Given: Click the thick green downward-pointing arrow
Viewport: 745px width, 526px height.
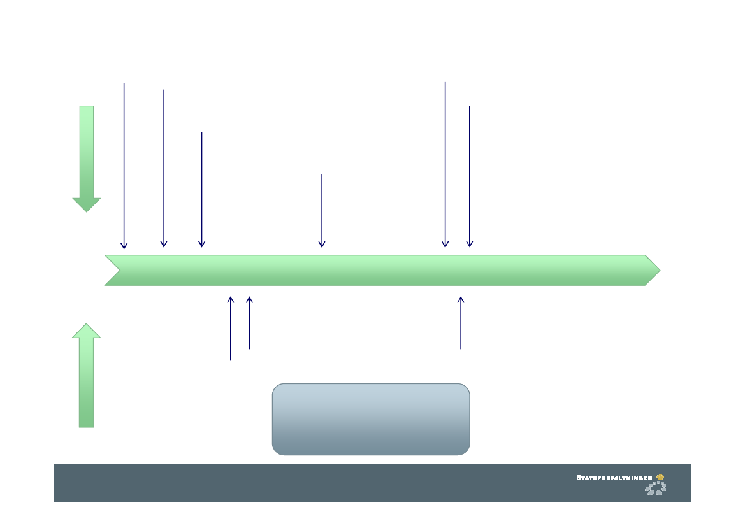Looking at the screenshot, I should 87,156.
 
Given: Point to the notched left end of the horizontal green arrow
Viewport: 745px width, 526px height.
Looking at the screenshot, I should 115,270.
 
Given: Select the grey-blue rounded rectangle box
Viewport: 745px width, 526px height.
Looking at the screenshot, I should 371,419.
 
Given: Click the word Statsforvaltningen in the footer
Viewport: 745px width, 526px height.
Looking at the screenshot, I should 614,477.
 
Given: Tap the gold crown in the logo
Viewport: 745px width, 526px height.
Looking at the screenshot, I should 660,476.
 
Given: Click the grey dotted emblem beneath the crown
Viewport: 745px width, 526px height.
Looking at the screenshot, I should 656,488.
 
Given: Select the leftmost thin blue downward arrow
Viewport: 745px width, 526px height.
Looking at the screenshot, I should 124,166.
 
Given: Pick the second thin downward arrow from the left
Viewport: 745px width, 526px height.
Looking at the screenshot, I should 164,169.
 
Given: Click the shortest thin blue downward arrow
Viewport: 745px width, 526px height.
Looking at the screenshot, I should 322,210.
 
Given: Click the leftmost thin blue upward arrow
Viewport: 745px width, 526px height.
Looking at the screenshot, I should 231,329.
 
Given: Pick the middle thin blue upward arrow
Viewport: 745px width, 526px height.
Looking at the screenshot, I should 249,323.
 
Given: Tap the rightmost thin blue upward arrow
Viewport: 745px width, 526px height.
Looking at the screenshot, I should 461,323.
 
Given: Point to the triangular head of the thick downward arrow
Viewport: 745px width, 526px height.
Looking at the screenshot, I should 87,204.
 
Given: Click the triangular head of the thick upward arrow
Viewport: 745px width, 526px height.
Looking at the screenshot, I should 87,331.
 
